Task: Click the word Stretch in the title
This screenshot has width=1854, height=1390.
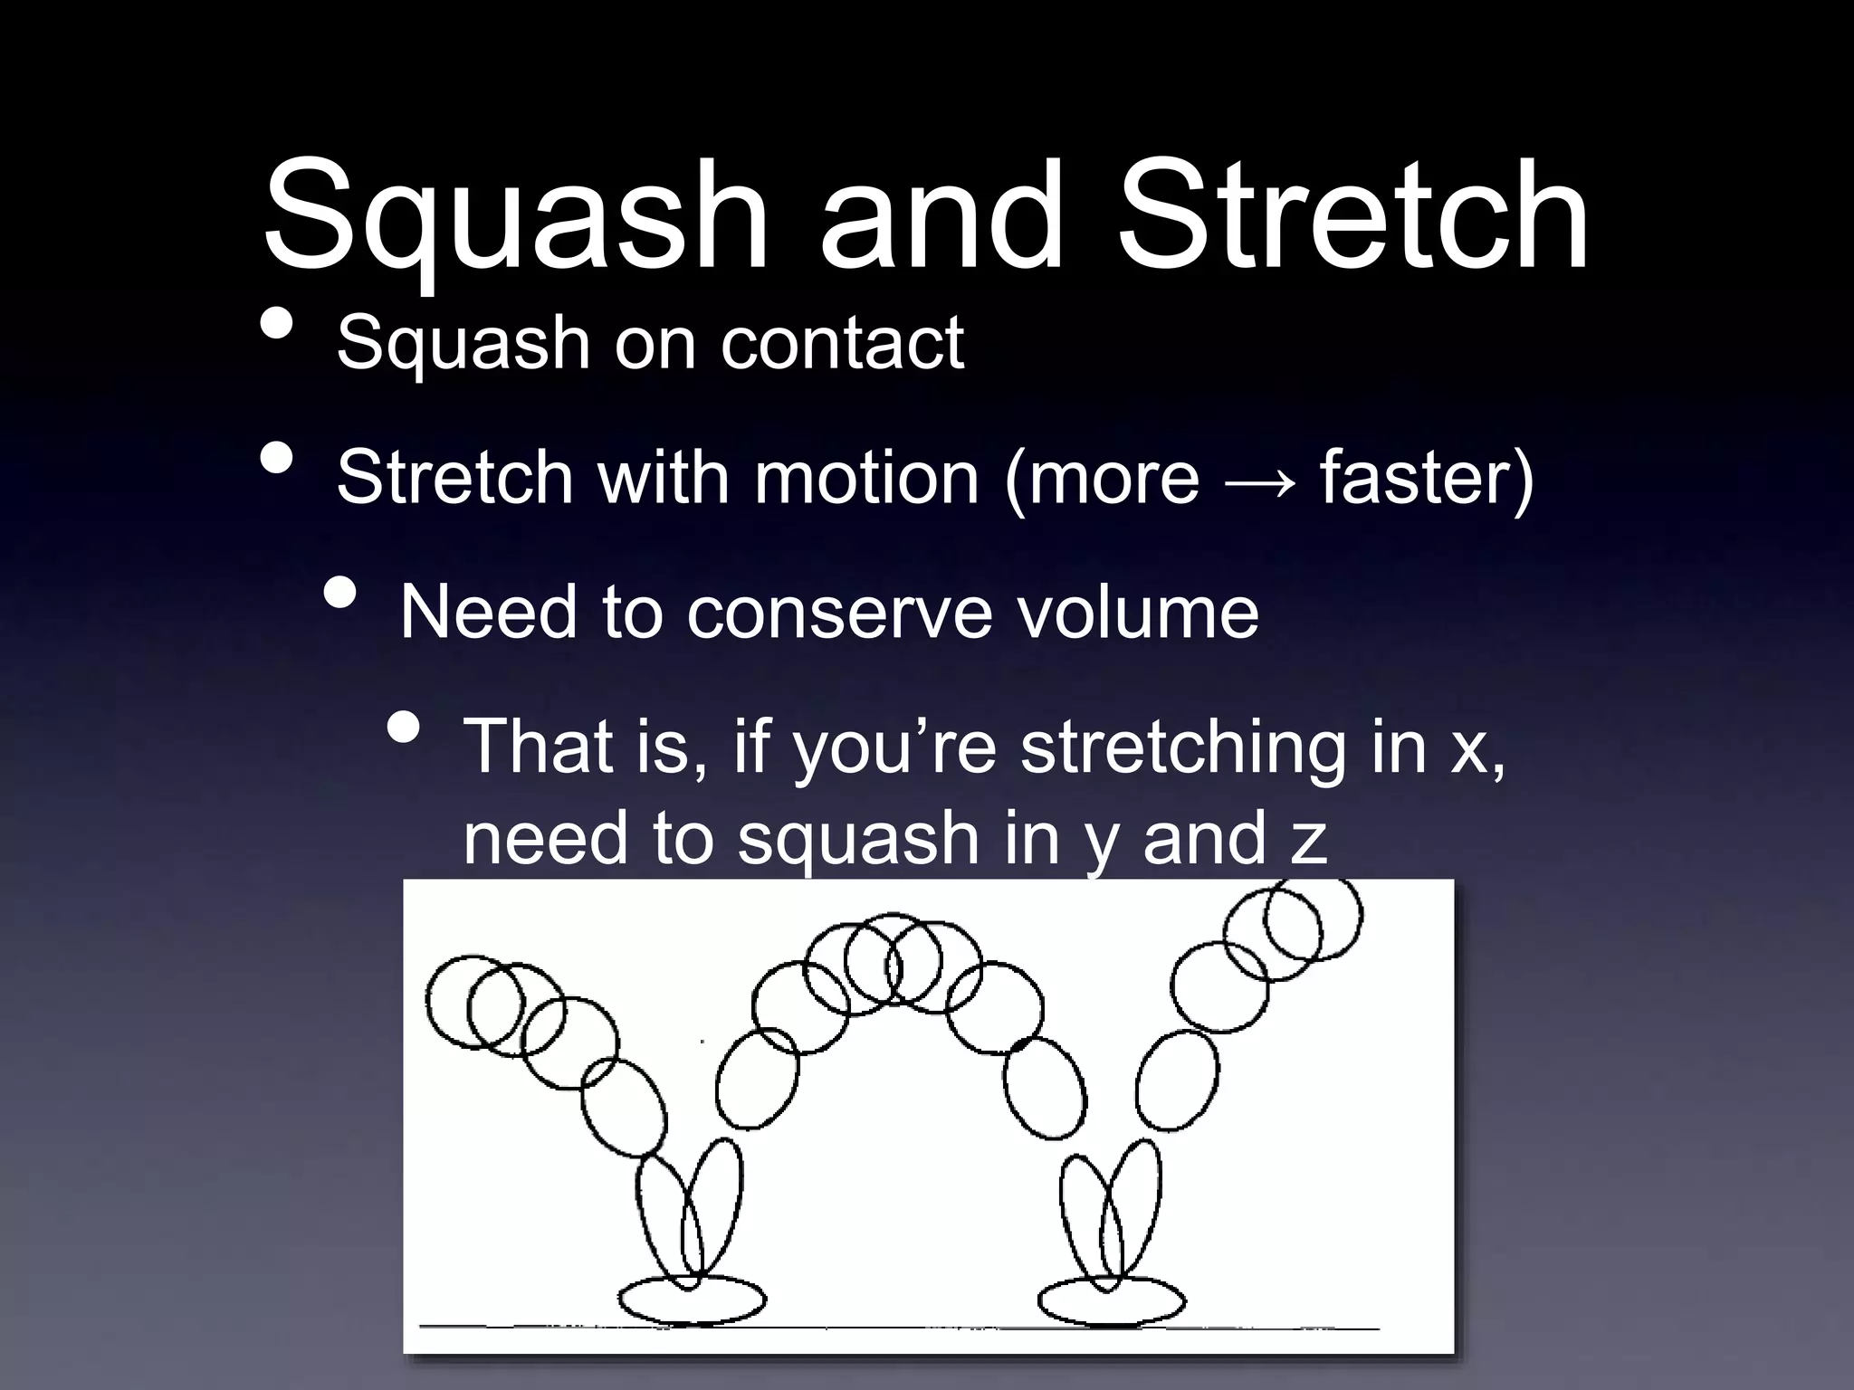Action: pos(1352,217)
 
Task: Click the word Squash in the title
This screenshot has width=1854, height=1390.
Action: pos(514,217)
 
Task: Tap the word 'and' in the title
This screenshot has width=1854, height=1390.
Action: pos(941,217)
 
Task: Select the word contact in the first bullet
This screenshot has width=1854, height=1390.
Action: pos(842,344)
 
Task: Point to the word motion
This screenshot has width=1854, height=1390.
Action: pos(866,477)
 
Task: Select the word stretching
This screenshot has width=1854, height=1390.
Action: pos(1182,747)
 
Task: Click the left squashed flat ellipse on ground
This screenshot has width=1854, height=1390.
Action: pos(692,1300)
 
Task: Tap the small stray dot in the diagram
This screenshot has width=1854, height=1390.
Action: pos(702,1042)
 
